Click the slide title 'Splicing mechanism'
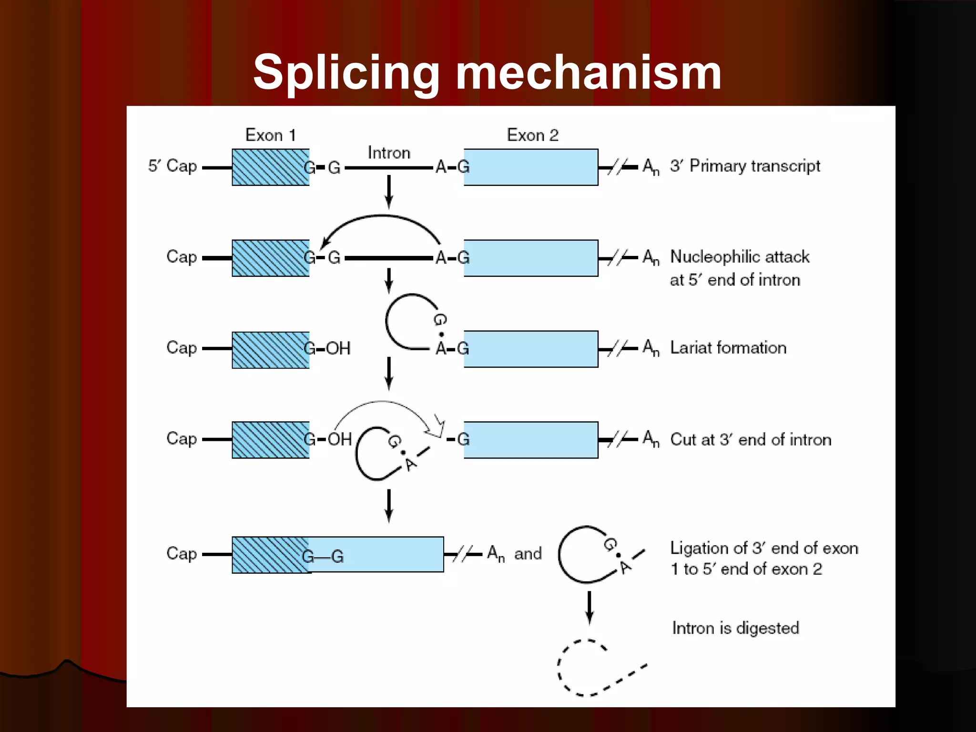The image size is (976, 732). pyautogui.click(x=487, y=72)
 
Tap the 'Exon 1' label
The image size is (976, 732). pyautogui.click(x=270, y=135)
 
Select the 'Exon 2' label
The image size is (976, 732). pyautogui.click(x=532, y=135)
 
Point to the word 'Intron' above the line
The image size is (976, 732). pyautogui.click(x=389, y=153)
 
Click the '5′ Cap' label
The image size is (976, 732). pyautogui.click(x=173, y=166)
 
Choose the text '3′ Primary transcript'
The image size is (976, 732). pyautogui.click(x=745, y=166)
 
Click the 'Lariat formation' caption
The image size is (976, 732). pyautogui.click(x=728, y=348)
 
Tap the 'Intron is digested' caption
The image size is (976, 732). pyautogui.click(x=735, y=628)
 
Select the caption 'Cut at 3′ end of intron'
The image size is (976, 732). pyautogui.click(x=751, y=439)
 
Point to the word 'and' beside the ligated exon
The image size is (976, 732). pyautogui.click(x=528, y=554)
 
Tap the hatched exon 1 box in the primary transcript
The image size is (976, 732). pyautogui.click(x=270, y=167)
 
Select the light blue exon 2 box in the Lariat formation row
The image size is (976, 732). pyautogui.click(x=531, y=349)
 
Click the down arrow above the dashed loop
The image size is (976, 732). pyautogui.click(x=590, y=608)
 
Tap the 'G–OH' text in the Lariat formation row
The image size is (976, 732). pyautogui.click(x=327, y=349)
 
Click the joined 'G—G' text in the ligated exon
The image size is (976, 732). pyautogui.click(x=323, y=557)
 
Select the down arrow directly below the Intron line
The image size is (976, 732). pyautogui.click(x=389, y=192)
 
